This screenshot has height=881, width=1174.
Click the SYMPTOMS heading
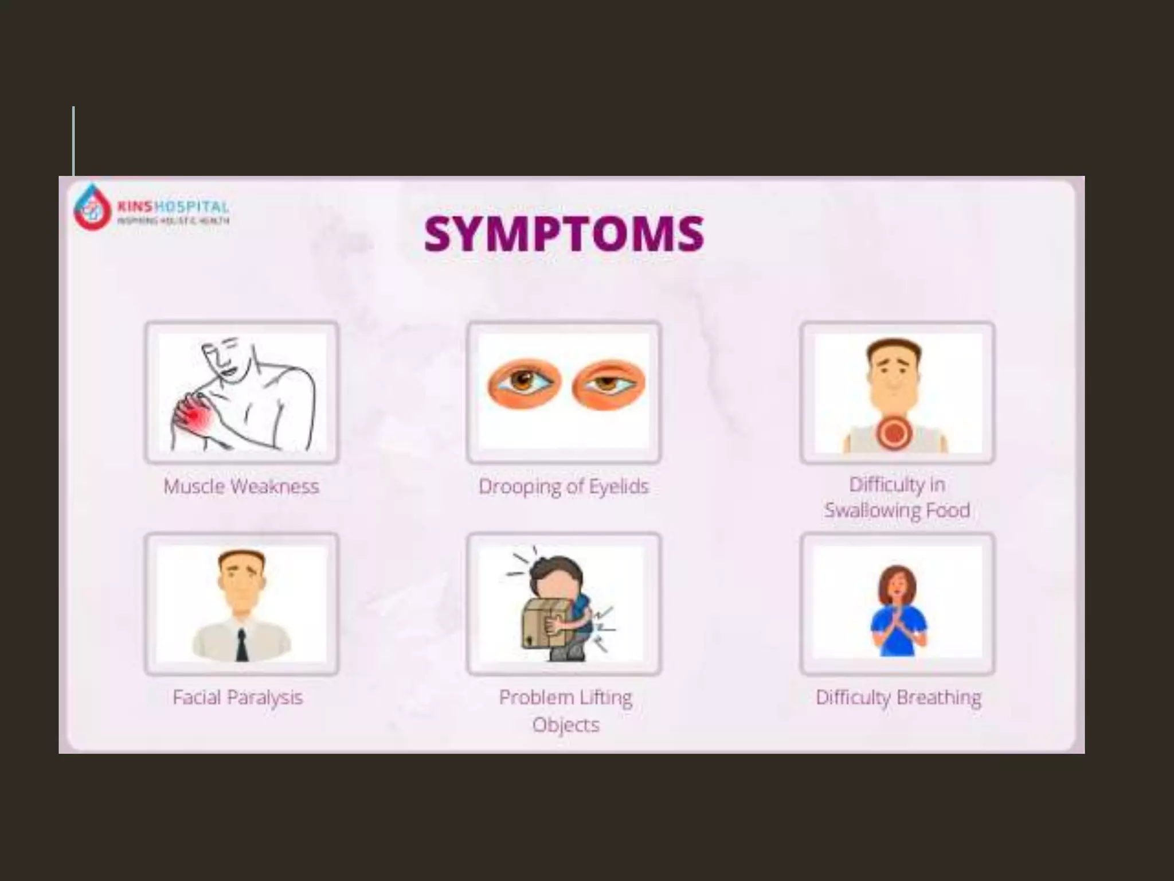click(x=564, y=233)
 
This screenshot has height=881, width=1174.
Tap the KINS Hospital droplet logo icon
click(x=92, y=208)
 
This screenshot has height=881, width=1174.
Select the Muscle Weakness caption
click(x=241, y=486)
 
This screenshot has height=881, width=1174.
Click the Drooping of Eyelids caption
click(x=563, y=486)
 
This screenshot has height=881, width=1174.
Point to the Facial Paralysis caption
click(x=238, y=697)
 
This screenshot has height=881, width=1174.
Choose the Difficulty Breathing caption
click(x=898, y=697)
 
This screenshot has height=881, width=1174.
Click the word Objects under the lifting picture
click(x=566, y=724)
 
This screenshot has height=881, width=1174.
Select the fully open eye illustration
click(x=523, y=383)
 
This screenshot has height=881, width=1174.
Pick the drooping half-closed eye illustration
click(x=609, y=384)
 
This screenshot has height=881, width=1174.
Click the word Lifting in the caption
click(x=606, y=697)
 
